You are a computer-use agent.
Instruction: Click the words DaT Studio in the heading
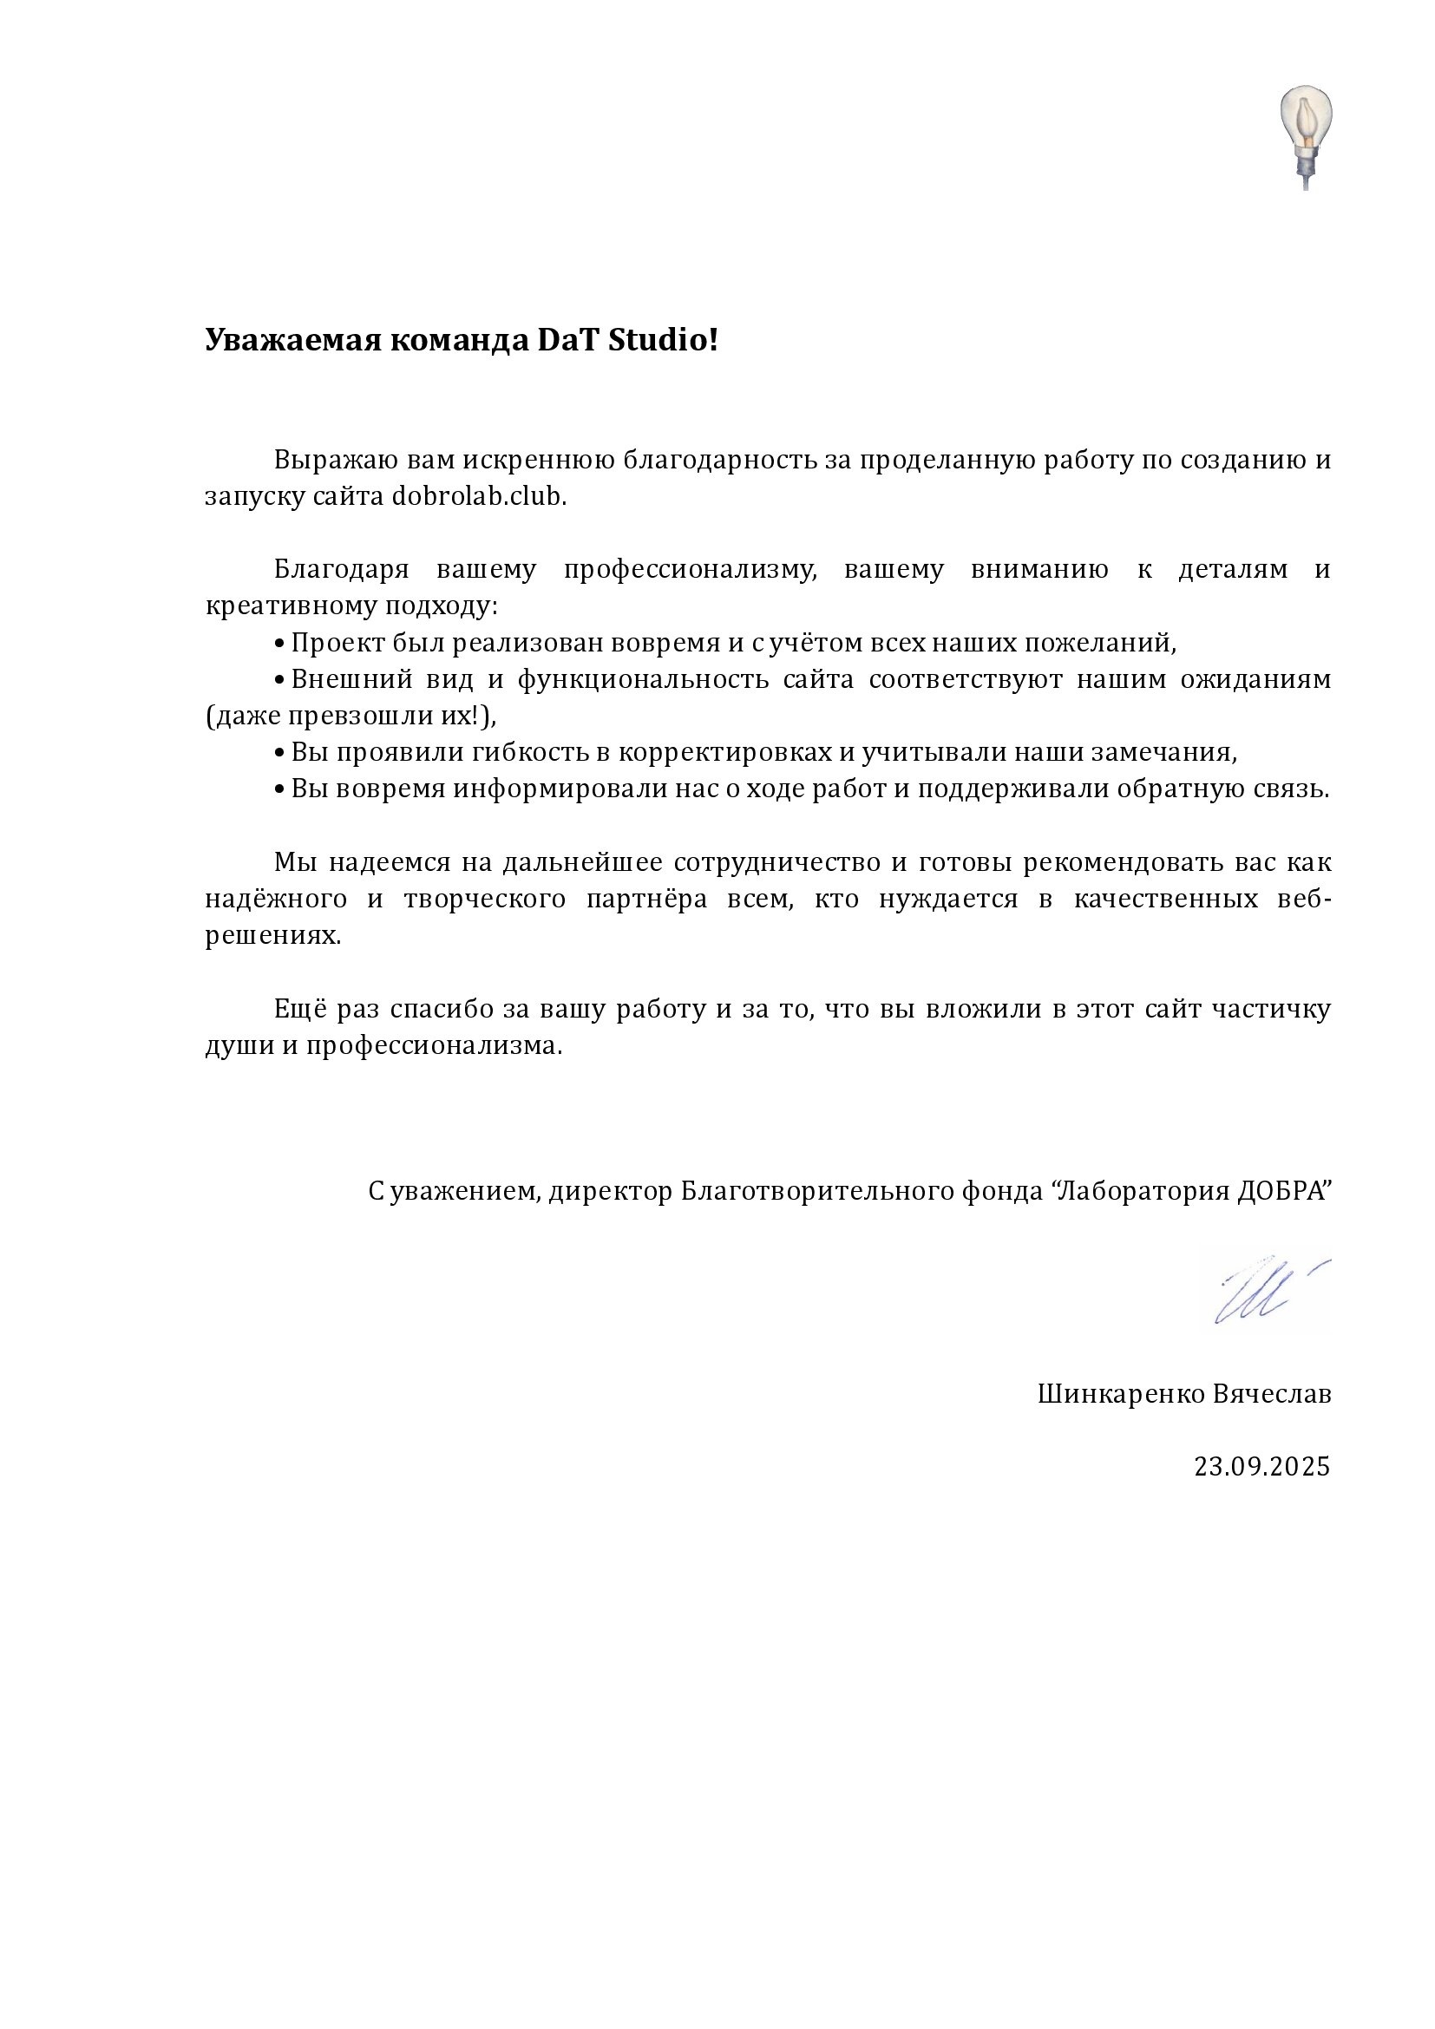point(627,340)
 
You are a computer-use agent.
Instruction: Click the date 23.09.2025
point(1261,1467)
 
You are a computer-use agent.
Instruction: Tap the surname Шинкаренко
point(1119,1395)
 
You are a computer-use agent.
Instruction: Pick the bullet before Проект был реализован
point(279,645)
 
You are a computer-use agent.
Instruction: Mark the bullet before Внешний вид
point(279,680)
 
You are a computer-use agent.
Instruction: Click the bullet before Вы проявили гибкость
point(279,754)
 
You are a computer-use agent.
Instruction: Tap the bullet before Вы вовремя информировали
point(279,790)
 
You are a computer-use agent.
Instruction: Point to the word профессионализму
point(690,570)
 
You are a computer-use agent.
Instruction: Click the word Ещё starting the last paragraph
point(299,1009)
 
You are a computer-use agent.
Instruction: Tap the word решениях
point(272,937)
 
